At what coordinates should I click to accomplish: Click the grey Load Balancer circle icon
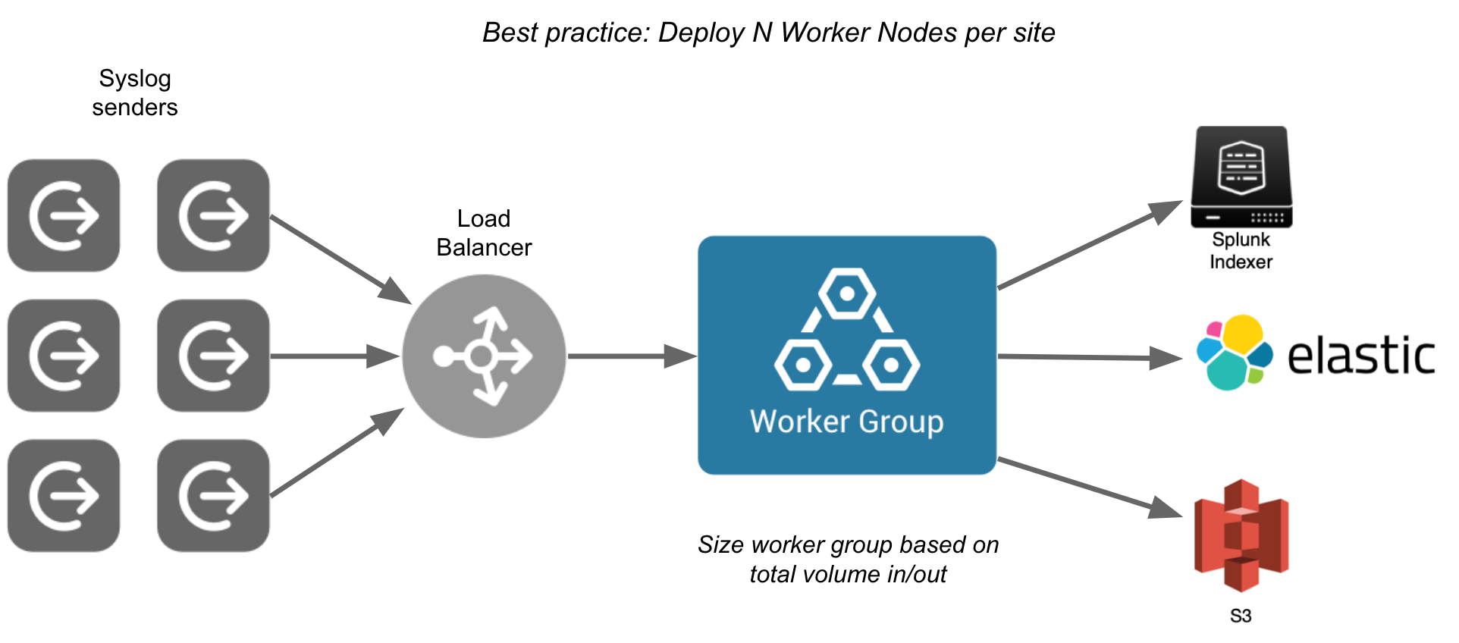tap(484, 356)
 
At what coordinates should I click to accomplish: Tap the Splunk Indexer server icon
tap(1241, 177)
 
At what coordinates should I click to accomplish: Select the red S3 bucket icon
tap(1241, 535)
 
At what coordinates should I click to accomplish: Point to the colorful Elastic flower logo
tap(1234, 353)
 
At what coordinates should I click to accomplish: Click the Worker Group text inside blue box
tap(846, 422)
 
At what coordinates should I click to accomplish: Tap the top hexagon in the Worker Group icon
tap(847, 293)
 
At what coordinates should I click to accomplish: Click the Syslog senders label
tap(135, 93)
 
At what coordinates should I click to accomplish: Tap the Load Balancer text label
tap(484, 233)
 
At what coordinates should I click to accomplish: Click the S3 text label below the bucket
tap(1241, 616)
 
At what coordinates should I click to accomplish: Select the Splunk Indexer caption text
tap(1241, 251)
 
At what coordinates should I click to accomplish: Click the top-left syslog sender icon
tap(64, 215)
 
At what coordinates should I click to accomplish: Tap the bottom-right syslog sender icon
tap(213, 496)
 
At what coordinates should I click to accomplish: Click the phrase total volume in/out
tap(848, 574)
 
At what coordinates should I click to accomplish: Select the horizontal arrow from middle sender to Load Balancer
tap(334, 356)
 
